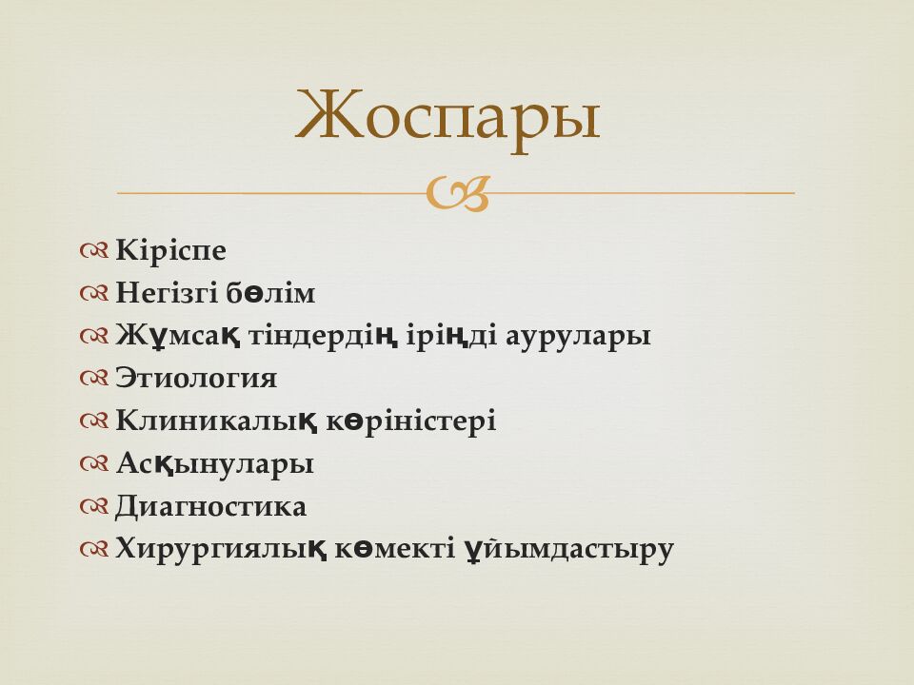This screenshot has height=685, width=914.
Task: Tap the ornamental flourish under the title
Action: tap(457, 193)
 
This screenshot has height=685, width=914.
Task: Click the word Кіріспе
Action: tap(170, 251)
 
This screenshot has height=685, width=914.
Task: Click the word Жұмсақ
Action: tap(177, 336)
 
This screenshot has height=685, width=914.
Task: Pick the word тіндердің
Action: tap(313, 336)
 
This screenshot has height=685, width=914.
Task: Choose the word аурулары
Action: tap(581, 337)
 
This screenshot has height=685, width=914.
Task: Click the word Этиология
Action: tap(196, 379)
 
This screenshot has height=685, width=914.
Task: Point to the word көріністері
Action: tap(412, 421)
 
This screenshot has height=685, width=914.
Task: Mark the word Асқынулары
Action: tap(214, 464)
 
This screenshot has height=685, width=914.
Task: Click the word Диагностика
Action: tap(210, 506)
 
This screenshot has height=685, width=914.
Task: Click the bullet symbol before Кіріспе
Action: tap(95, 252)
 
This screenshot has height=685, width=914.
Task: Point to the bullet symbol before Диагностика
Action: tap(95, 507)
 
